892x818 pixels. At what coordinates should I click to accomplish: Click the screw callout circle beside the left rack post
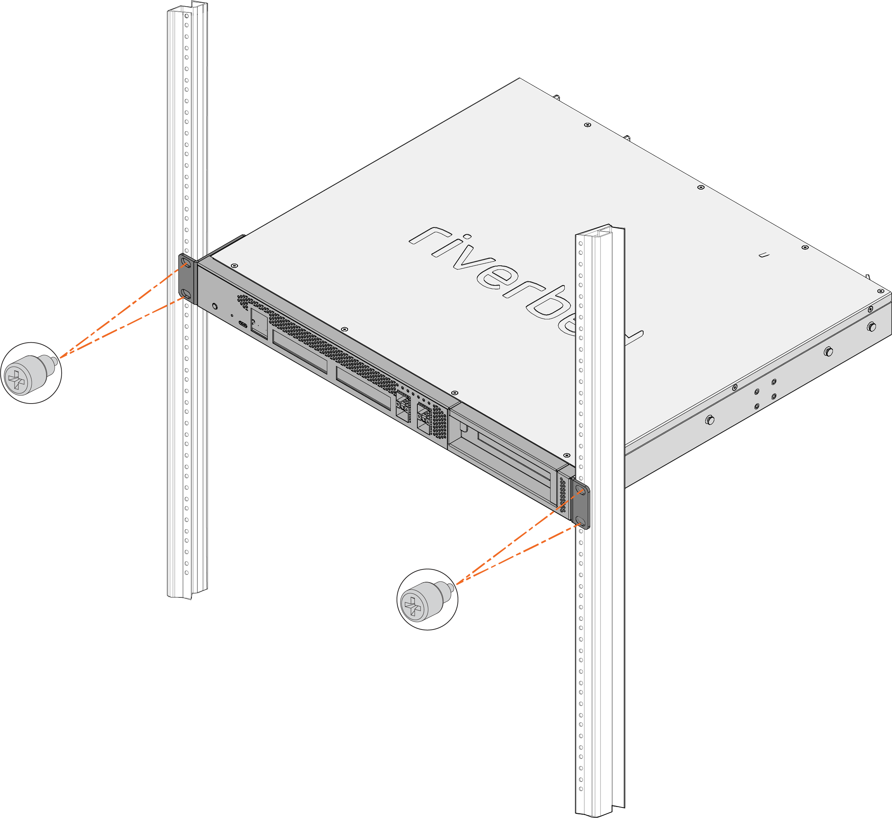pyautogui.click(x=31, y=373)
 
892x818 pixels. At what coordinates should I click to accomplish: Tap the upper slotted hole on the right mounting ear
pyautogui.click(x=580, y=489)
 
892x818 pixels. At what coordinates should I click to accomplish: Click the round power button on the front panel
pyautogui.click(x=215, y=306)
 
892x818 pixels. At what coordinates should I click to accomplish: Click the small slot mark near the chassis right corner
pyautogui.click(x=764, y=255)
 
